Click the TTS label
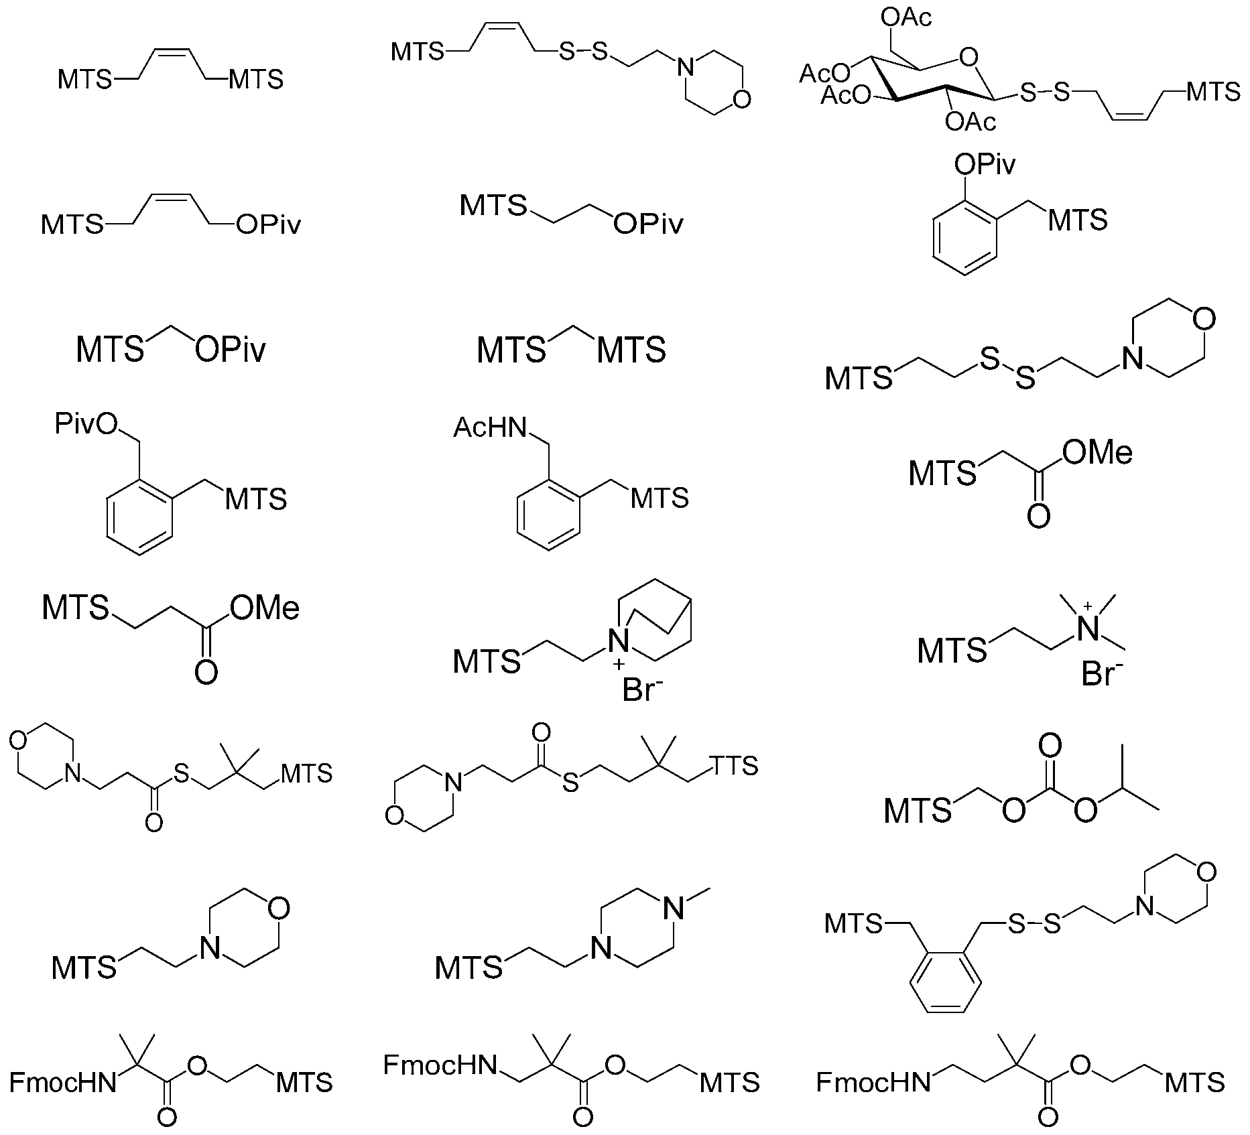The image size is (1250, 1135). [735, 765]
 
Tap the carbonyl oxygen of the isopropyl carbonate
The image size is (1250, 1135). [1050, 746]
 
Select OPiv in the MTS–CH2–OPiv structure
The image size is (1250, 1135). [230, 350]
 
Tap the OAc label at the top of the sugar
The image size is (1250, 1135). [908, 18]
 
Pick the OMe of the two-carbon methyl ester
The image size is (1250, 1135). [1098, 453]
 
